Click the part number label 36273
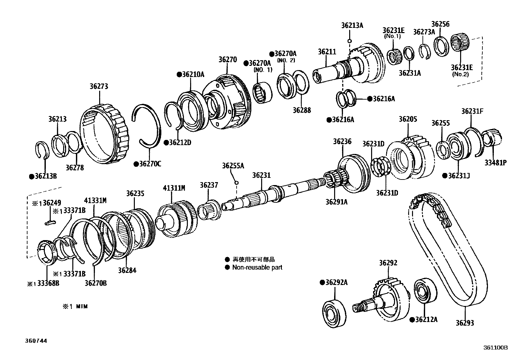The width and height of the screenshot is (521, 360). pos(99,86)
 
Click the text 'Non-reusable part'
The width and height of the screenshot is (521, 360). pos(257,267)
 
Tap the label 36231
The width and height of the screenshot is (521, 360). pos(261,175)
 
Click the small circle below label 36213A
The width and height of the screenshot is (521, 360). pos(350,41)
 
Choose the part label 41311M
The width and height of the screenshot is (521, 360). pos(174,188)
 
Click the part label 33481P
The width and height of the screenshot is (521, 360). pos(495,162)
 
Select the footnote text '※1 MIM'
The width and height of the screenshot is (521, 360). pos(75,307)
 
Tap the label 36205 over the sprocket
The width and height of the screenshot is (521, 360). pos(408,119)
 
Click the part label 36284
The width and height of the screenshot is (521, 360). pos(127,270)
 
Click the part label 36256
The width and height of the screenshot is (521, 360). pos(440,24)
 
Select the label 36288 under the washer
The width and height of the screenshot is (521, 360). pos(302,110)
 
